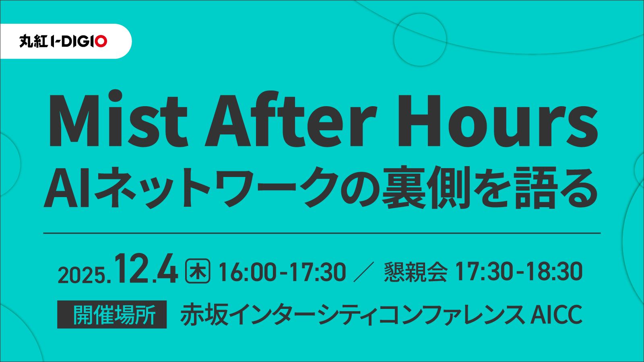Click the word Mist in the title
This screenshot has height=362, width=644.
[118, 121]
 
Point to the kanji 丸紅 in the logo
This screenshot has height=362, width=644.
[33, 41]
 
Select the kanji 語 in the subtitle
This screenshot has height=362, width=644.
[536, 188]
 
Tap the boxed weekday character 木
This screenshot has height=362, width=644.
[198, 271]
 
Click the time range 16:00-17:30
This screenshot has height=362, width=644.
[282, 272]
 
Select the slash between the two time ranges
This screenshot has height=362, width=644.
[364, 272]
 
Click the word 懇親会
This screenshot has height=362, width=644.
[416, 272]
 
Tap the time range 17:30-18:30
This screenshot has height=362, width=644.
[518, 271]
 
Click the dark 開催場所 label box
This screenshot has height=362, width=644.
[112, 315]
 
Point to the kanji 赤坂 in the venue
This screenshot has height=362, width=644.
[204, 315]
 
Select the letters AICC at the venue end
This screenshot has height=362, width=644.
[556, 315]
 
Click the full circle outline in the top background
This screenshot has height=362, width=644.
[420, 40]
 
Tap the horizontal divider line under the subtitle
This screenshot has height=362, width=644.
[322, 233]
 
